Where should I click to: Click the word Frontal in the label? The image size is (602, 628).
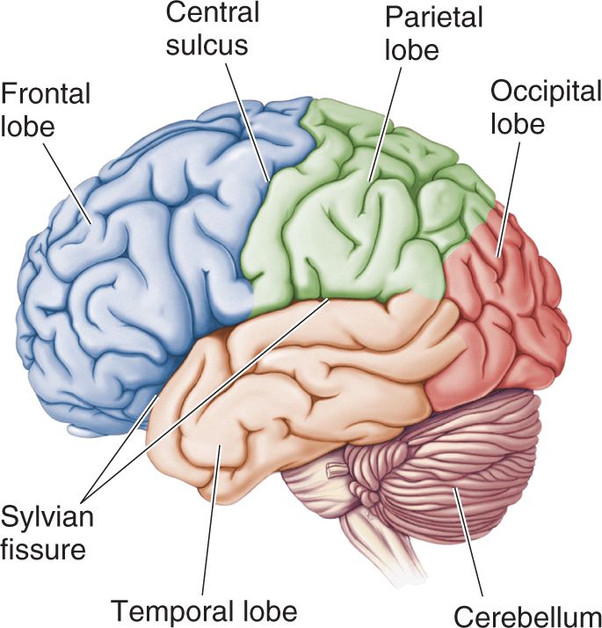pyautogui.click(x=46, y=93)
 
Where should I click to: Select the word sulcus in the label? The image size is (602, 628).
pyautogui.click(x=207, y=45)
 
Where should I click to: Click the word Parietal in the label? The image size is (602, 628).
pyautogui.click(x=434, y=17)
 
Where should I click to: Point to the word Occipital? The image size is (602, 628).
pyautogui.click(x=546, y=91)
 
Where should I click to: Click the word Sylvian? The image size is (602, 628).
pyautogui.click(x=47, y=516)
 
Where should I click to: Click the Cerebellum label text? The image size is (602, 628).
pyautogui.click(x=528, y=617)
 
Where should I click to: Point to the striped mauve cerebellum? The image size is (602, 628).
pyautogui.click(x=440, y=469)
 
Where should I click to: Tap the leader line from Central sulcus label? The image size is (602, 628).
pyautogui.click(x=248, y=122)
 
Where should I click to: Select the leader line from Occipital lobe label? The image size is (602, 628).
pyautogui.click(x=509, y=200)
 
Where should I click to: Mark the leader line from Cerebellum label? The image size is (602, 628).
pyautogui.click(x=468, y=541)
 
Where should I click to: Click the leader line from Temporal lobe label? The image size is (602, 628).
pyautogui.click(x=211, y=520)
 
